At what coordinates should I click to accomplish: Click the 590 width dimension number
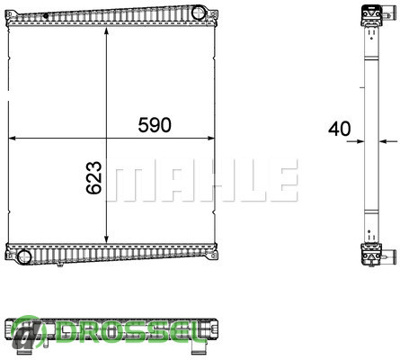(155, 125)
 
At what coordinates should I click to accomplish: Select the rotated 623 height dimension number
(94, 177)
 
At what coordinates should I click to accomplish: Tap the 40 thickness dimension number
(339, 129)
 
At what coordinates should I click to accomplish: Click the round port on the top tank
(198, 13)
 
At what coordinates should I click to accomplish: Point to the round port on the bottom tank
(24, 256)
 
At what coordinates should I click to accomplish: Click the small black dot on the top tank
(46, 16)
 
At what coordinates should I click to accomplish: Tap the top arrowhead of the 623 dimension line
(106, 31)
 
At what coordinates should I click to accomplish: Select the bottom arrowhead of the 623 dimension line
(106, 238)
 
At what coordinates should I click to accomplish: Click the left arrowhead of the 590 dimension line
(13, 138)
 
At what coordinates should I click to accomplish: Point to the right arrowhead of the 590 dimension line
(210, 138)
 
